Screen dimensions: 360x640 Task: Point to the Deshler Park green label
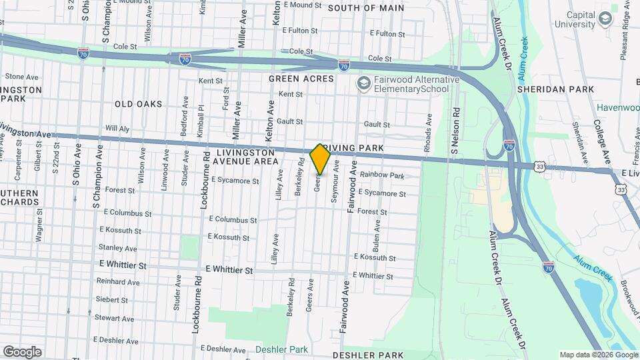coord(281,349)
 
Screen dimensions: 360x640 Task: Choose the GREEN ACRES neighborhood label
coord(301,79)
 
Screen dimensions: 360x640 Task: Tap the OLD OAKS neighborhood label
coord(138,104)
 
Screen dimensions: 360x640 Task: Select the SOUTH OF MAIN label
coord(366,8)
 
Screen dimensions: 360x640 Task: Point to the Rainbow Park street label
coord(382,176)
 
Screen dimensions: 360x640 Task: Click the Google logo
coord(22,351)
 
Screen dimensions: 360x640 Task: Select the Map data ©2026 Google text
coord(597,355)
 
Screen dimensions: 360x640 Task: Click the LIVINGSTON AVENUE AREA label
coord(247,157)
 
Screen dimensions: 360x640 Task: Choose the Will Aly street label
coord(117,127)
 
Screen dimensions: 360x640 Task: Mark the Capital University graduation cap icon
coord(605,19)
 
